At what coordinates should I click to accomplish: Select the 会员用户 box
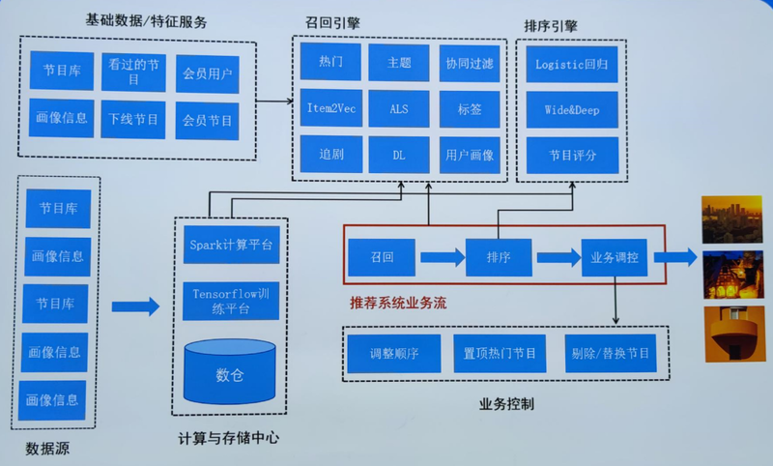pyautogui.click(x=207, y=73)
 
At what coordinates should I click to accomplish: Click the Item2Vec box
pyautogui.click(x=329, y=108)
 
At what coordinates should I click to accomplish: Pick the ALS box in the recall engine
pyautogui.click(x=399, y=108)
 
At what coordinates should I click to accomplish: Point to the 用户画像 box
pyautogui.click(x=470, y=155)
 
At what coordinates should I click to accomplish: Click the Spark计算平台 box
pyautogui.click(x=230, y=245)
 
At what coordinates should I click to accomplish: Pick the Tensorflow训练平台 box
pyautogui.click(x=230, y=300)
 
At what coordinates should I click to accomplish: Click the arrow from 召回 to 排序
pyautogui.click(x=442, y=257)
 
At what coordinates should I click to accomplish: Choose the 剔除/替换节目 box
pyautogui.click(x=610, y=353)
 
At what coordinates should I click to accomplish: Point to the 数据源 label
pyautogui.click(x=46, y=448)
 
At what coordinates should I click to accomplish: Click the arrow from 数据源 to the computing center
pyautogui.click(x=135, y=306)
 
